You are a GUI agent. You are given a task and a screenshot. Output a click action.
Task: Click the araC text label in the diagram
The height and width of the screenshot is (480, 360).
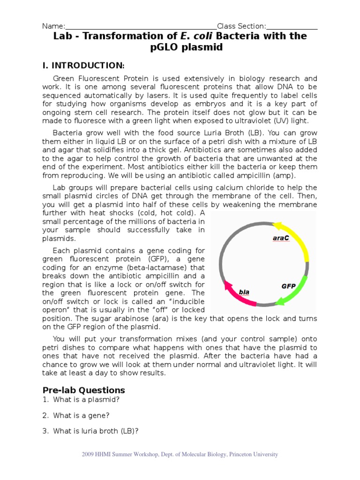click(x=281, y=238)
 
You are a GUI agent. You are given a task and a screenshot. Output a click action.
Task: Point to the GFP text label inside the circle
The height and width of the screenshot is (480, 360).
click(x=288, y=285)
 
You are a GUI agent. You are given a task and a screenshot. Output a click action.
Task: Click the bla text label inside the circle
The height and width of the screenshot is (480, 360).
click(x=244, y=292)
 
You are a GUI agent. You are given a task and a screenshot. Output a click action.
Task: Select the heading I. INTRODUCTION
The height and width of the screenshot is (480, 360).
click(x=83, y=65)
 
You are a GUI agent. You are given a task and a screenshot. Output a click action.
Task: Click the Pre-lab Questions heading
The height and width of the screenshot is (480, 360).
click(x=83, y=390)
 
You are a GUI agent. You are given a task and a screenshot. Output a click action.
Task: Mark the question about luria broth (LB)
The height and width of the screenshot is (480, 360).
click(x=96, y=431)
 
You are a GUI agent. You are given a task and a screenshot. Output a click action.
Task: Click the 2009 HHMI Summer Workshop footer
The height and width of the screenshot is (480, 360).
click(x=180, y=454)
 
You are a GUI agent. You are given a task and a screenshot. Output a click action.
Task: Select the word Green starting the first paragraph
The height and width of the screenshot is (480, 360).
click(x=64, y=79)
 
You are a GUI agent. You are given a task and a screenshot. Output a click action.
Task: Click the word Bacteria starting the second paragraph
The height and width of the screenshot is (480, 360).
click(x=67, y=133)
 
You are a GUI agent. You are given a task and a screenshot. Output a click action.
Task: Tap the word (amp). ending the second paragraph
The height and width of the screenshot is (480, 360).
click(x=285, y=175)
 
